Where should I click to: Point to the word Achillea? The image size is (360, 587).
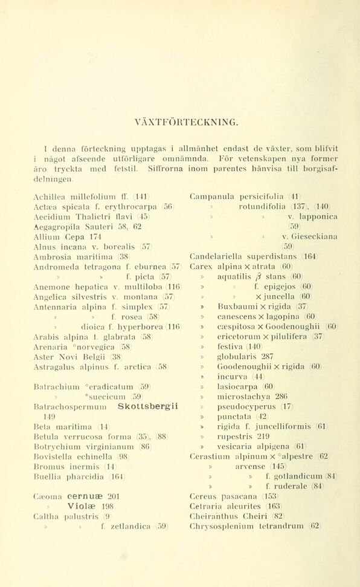tap(50, 195)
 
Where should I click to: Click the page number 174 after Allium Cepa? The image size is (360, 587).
tap(91, 236)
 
